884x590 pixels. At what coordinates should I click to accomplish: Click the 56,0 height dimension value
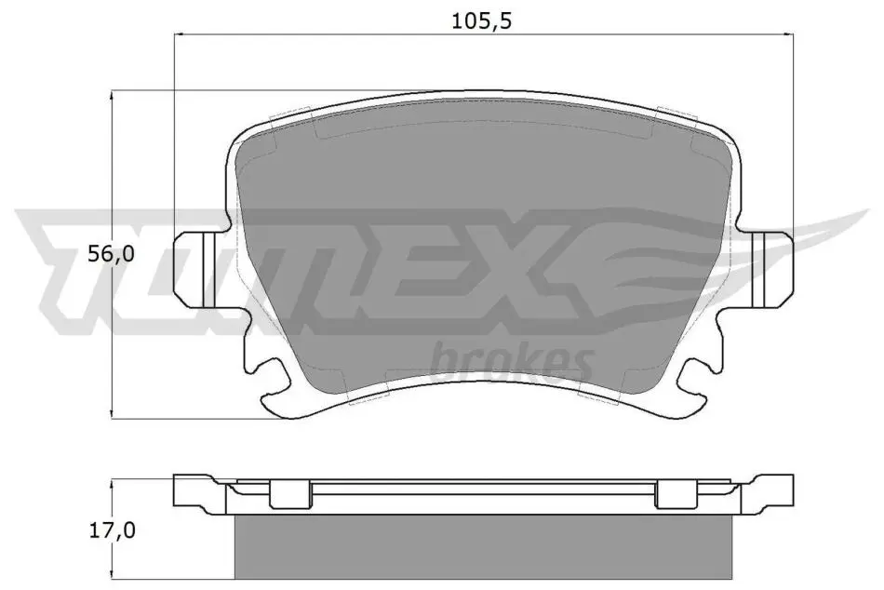(111, 254)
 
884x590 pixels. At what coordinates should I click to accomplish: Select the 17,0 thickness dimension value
(113, 530)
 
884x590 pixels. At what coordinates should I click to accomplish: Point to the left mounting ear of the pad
(194, 270)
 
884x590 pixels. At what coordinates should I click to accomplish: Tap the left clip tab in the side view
(290, 494)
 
